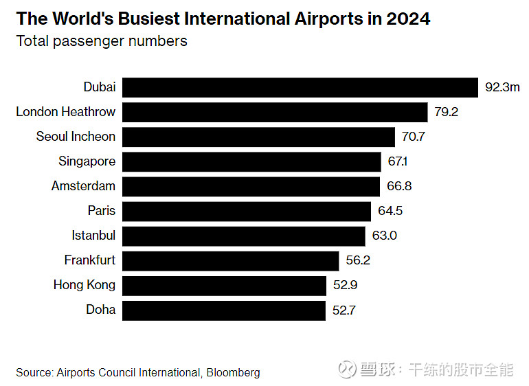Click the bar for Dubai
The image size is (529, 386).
coord(300,87)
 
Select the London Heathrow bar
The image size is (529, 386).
coord(275,112)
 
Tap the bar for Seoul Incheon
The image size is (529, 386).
coord(258,137)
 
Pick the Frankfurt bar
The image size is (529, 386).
coord(230,260)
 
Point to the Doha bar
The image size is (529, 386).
coord(223,310)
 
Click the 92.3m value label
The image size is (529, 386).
coord(502,87)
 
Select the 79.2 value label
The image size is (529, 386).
coord(446,112)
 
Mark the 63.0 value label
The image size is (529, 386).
coord(385,236)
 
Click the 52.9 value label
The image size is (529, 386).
coord(345,285)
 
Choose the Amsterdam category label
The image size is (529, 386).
coord(83,186)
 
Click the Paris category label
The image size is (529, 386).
coord(101,211)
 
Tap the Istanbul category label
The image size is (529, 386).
coord(93,236)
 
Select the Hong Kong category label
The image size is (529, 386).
coord(85,285)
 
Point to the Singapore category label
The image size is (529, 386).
coord(87,161)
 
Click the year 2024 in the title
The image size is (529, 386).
coord(408,19)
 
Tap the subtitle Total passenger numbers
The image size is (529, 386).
coord(102,41)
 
